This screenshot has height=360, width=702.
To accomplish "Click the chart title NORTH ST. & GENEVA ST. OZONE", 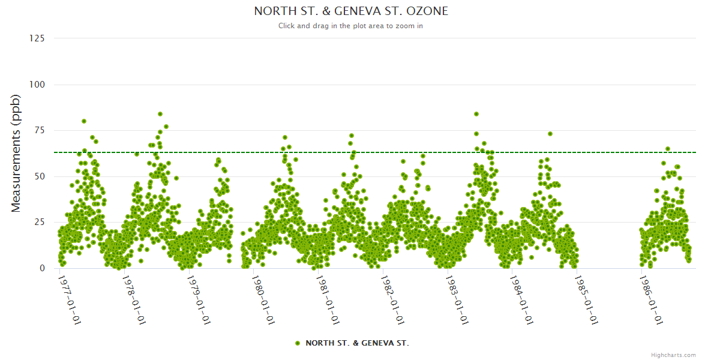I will click(x=351, y=11).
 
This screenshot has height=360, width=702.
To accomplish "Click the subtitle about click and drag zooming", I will click(x=351, y=26).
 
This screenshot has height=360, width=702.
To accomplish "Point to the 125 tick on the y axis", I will click(x=37, y=38).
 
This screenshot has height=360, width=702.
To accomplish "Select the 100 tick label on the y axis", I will click(x=37, y=85).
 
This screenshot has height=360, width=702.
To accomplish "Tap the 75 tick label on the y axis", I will click(x=39, y=130).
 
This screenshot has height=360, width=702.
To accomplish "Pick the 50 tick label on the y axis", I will click(x=39, y=176).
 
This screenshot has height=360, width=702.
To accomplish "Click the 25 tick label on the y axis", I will click(x=39, y=223).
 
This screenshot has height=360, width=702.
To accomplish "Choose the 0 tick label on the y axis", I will click(x=42, y=268).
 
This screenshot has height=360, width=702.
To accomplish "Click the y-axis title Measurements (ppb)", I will click(x=16, y=153).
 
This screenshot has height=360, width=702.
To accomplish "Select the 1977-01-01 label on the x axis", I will click(x=70, y=299).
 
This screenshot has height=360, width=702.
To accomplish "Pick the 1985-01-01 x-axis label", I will click(x=587, y=299).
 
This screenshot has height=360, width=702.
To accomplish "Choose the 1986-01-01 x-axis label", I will click(x=652, y=299).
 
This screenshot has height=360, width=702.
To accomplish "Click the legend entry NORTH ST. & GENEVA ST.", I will click(x=357, y=343).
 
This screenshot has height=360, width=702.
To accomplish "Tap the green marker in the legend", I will click(x=298, y=343).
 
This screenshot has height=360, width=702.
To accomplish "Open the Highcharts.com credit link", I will click(x=673, y=355).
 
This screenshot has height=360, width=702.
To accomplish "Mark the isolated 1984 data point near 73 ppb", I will click(x=550, y=134).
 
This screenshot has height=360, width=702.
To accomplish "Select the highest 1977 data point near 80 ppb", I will click(x=84, y=121).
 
